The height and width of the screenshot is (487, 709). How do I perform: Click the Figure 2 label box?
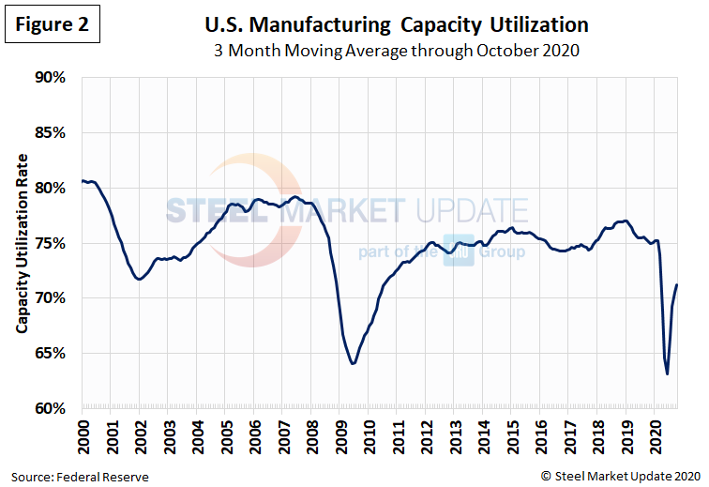point(52,25)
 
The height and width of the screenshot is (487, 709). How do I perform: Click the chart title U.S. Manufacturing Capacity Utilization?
point(388,24)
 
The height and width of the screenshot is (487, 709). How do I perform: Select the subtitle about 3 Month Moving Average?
point(388,50)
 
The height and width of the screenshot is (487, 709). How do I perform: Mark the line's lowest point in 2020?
point(667,374)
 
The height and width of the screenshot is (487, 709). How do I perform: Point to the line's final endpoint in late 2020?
point(677,285)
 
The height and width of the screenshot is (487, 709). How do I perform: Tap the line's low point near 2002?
point(139,280)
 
